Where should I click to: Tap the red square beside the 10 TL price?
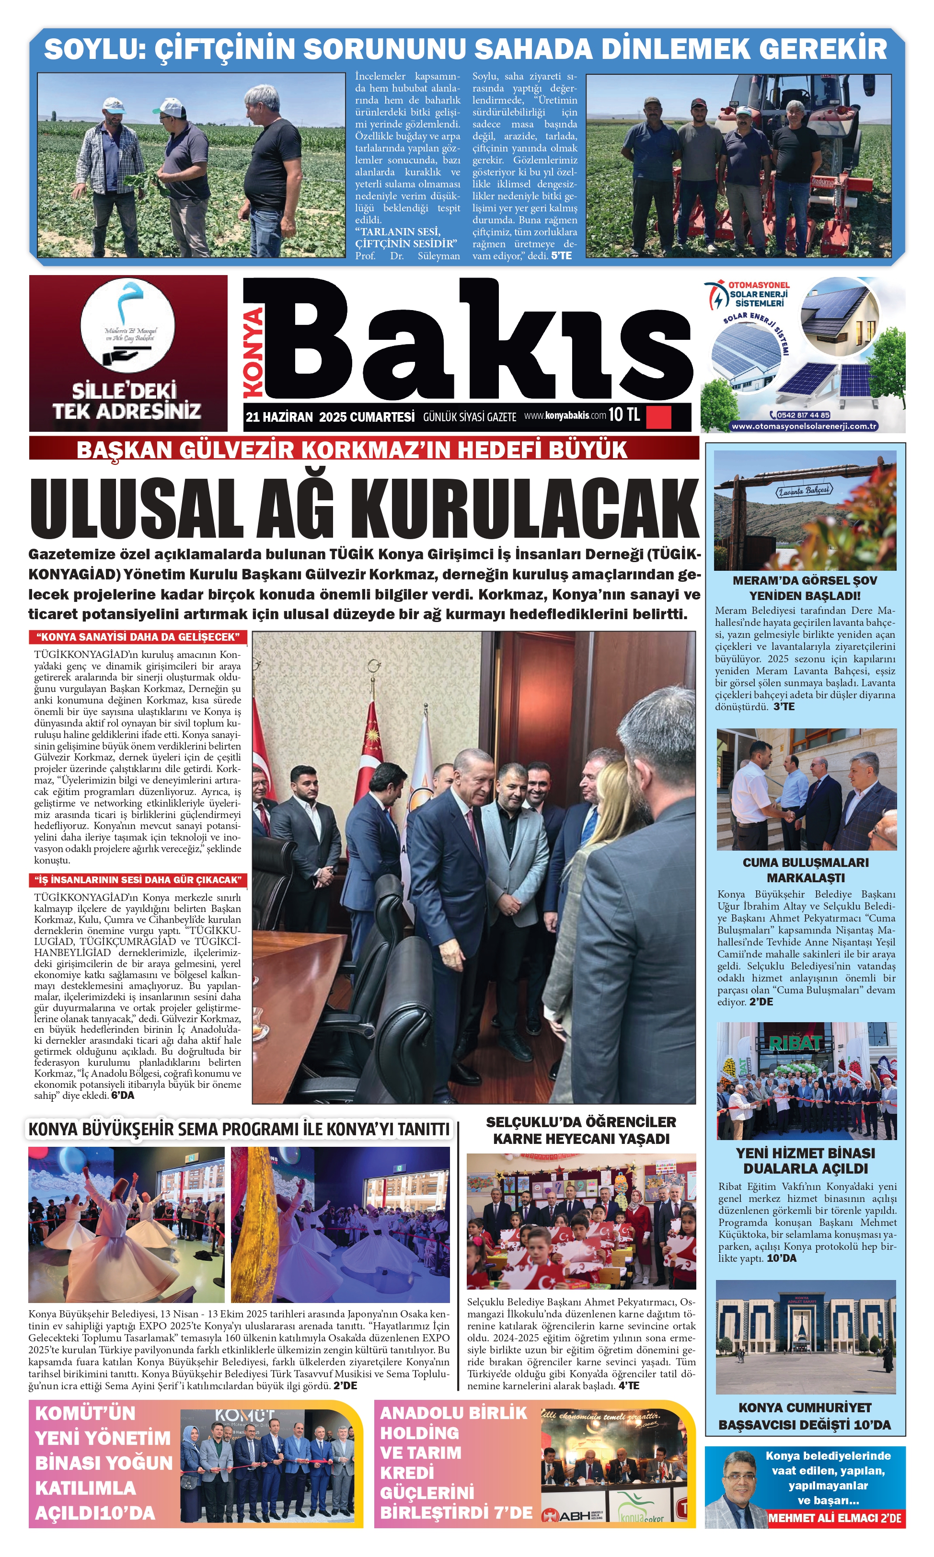coord(659,416)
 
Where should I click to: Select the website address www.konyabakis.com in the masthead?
coord(565,415)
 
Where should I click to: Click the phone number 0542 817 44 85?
coord(803,415)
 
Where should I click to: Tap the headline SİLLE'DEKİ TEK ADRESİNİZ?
coord(127,401)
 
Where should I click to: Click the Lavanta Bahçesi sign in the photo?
coord(804,490)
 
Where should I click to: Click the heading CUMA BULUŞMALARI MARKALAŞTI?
coord(806,870)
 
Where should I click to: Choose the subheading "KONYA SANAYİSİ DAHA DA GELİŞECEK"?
coord(138,637)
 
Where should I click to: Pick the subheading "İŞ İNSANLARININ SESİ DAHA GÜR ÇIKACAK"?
coord(138,880)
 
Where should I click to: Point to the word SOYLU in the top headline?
coord(94,49)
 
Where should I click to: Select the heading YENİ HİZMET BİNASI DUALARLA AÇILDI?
coord(806,1161)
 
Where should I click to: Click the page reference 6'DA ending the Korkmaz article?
coord(123,1096)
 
